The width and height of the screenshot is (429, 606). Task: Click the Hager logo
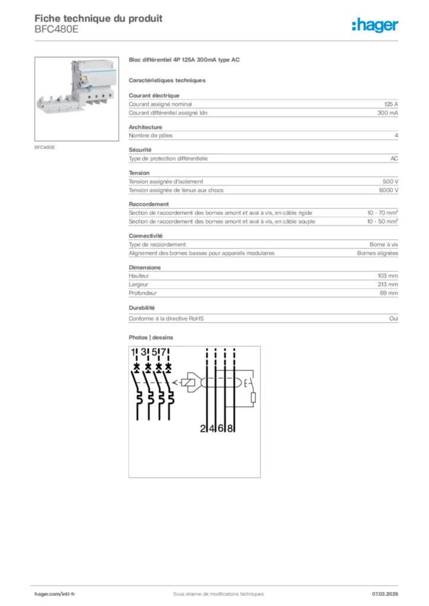[374, 25]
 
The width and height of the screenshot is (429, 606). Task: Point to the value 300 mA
[388, 112]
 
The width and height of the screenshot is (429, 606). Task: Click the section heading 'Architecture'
[145, 127]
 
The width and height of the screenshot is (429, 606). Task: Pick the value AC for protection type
[393, 159]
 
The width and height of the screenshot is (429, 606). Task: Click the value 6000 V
[389, 191]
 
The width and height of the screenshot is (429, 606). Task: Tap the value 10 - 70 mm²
[382, 212]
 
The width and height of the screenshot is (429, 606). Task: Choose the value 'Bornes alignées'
[377, 253]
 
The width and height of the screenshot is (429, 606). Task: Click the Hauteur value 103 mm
[388, 276]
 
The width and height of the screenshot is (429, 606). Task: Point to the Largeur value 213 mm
[388, 285]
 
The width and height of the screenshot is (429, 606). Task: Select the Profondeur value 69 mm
[389, 294]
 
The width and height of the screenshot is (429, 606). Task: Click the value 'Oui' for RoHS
[393, 318]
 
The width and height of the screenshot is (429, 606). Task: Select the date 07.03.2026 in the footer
[385, 594]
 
